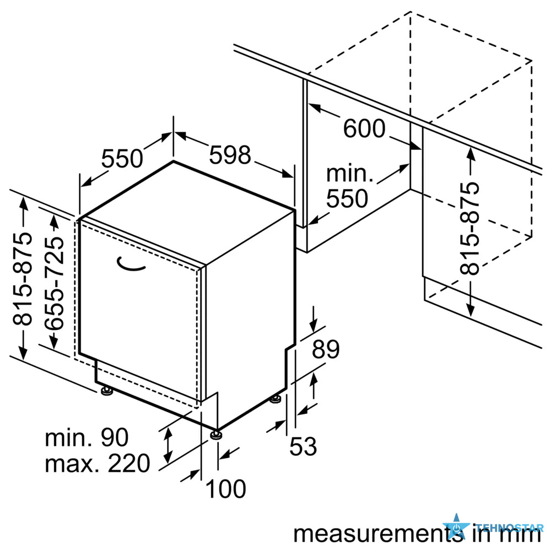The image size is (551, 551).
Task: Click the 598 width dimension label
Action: (230, 155)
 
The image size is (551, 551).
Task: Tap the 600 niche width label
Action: (364, 128)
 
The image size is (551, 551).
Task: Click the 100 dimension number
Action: (225, 489)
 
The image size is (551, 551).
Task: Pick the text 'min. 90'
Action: (87, 437)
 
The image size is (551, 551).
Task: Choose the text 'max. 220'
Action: (98, 463)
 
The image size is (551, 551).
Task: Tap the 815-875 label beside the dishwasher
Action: (22, 278)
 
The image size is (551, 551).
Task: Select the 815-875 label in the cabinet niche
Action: (469, 229)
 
